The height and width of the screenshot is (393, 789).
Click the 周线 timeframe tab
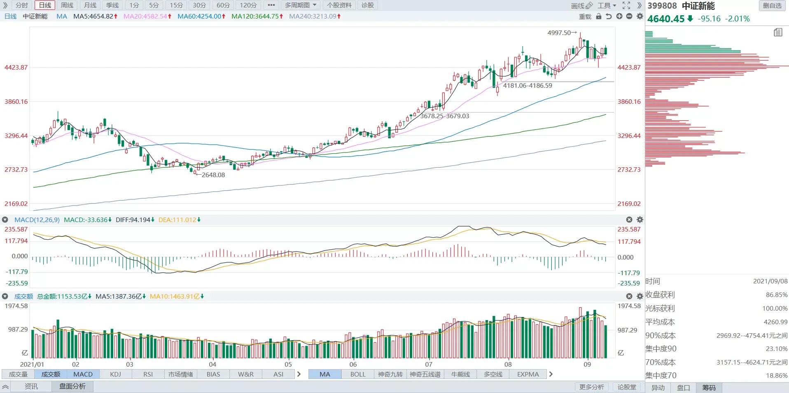67,5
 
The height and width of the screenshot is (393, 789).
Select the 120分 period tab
248,5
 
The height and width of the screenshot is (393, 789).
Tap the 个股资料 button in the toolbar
340,5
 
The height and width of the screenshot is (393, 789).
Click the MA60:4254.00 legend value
201,16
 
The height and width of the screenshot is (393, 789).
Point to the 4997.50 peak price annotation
559,33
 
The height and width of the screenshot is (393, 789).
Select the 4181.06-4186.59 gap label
528,85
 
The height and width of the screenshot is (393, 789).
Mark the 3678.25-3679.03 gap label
444,116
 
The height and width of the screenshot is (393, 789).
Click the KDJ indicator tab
116,374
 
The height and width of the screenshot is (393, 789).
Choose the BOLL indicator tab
358,374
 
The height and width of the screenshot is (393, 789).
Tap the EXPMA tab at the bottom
528,374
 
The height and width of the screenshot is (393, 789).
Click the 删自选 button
772,5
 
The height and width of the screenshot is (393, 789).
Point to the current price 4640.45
666,19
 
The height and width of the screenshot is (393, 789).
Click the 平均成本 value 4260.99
776,322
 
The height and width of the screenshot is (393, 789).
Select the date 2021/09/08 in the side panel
770,281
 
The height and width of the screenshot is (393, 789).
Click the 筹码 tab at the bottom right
709,388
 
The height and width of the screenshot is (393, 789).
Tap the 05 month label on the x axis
288,364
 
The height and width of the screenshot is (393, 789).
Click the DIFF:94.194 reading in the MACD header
135,220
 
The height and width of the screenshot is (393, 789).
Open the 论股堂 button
627,387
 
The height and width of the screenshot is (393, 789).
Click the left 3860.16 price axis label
16,101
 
